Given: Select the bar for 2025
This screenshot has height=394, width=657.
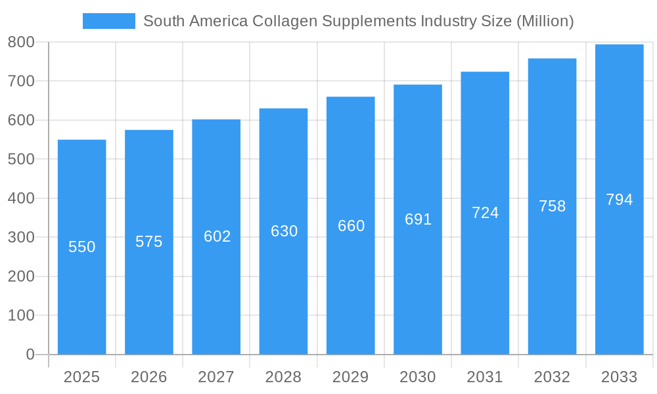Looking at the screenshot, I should click(82, 295).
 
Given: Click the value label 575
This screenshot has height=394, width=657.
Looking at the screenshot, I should click(149, 242).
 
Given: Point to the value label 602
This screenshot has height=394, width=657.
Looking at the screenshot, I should click(217, 236).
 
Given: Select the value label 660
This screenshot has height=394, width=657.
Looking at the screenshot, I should click(351, 226).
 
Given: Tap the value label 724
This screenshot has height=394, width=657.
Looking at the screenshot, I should click(485, 213).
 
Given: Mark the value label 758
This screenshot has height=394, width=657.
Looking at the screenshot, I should click(552, 206).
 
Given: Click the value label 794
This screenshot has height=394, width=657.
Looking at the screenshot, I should click(619, 200).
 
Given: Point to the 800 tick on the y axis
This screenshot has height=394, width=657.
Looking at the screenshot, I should click(21, 42).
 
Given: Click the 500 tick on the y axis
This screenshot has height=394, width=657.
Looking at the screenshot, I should click(21, 159).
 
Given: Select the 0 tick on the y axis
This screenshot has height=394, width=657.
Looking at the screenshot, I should click(30, 355).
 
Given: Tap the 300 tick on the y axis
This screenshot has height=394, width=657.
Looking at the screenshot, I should click(21, 237).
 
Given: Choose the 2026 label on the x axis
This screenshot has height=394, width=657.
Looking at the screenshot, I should click(149, 377).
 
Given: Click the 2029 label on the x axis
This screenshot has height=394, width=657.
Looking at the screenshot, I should click(351, 377).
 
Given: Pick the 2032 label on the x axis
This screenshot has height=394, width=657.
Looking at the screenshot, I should click(552, 377).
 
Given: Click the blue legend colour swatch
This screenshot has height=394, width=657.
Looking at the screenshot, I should click(109, 21).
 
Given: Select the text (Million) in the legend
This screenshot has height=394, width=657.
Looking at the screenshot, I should click(545, 21).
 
